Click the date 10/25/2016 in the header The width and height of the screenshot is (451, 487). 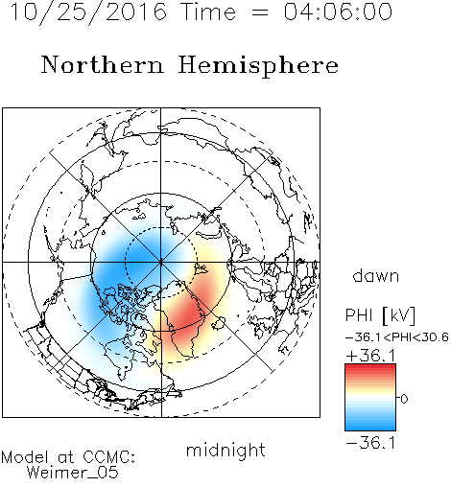(x=88, y=12)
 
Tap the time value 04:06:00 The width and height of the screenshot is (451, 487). (x=338, y=12)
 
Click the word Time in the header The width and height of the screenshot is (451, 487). (x=208, y=12)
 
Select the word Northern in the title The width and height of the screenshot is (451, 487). (x=103, y=64)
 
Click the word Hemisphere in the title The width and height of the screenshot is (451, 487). (x=258, y=66)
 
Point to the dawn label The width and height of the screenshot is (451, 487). (x=376, y=275)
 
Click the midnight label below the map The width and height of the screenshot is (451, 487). (x=225, y=451)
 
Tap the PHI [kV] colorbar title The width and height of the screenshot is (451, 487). (x=380, y=315)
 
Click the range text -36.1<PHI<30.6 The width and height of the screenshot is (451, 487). (x=397, y=337)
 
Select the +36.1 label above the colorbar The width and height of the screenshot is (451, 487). (x=370, y=356)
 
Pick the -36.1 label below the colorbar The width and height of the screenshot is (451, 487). (x=370, y=443)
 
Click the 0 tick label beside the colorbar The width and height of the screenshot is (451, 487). (x=404, y=399)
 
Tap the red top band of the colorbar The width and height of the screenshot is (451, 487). (x=370, y=367)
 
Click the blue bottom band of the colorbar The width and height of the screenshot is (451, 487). (x=370, y=427)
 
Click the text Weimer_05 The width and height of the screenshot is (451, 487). (x=72, y=472)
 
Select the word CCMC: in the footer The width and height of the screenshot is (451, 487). (x=109, y=457)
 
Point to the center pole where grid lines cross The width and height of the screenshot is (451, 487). (x=161, y=262)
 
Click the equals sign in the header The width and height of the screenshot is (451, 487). (x=260, y=12)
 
